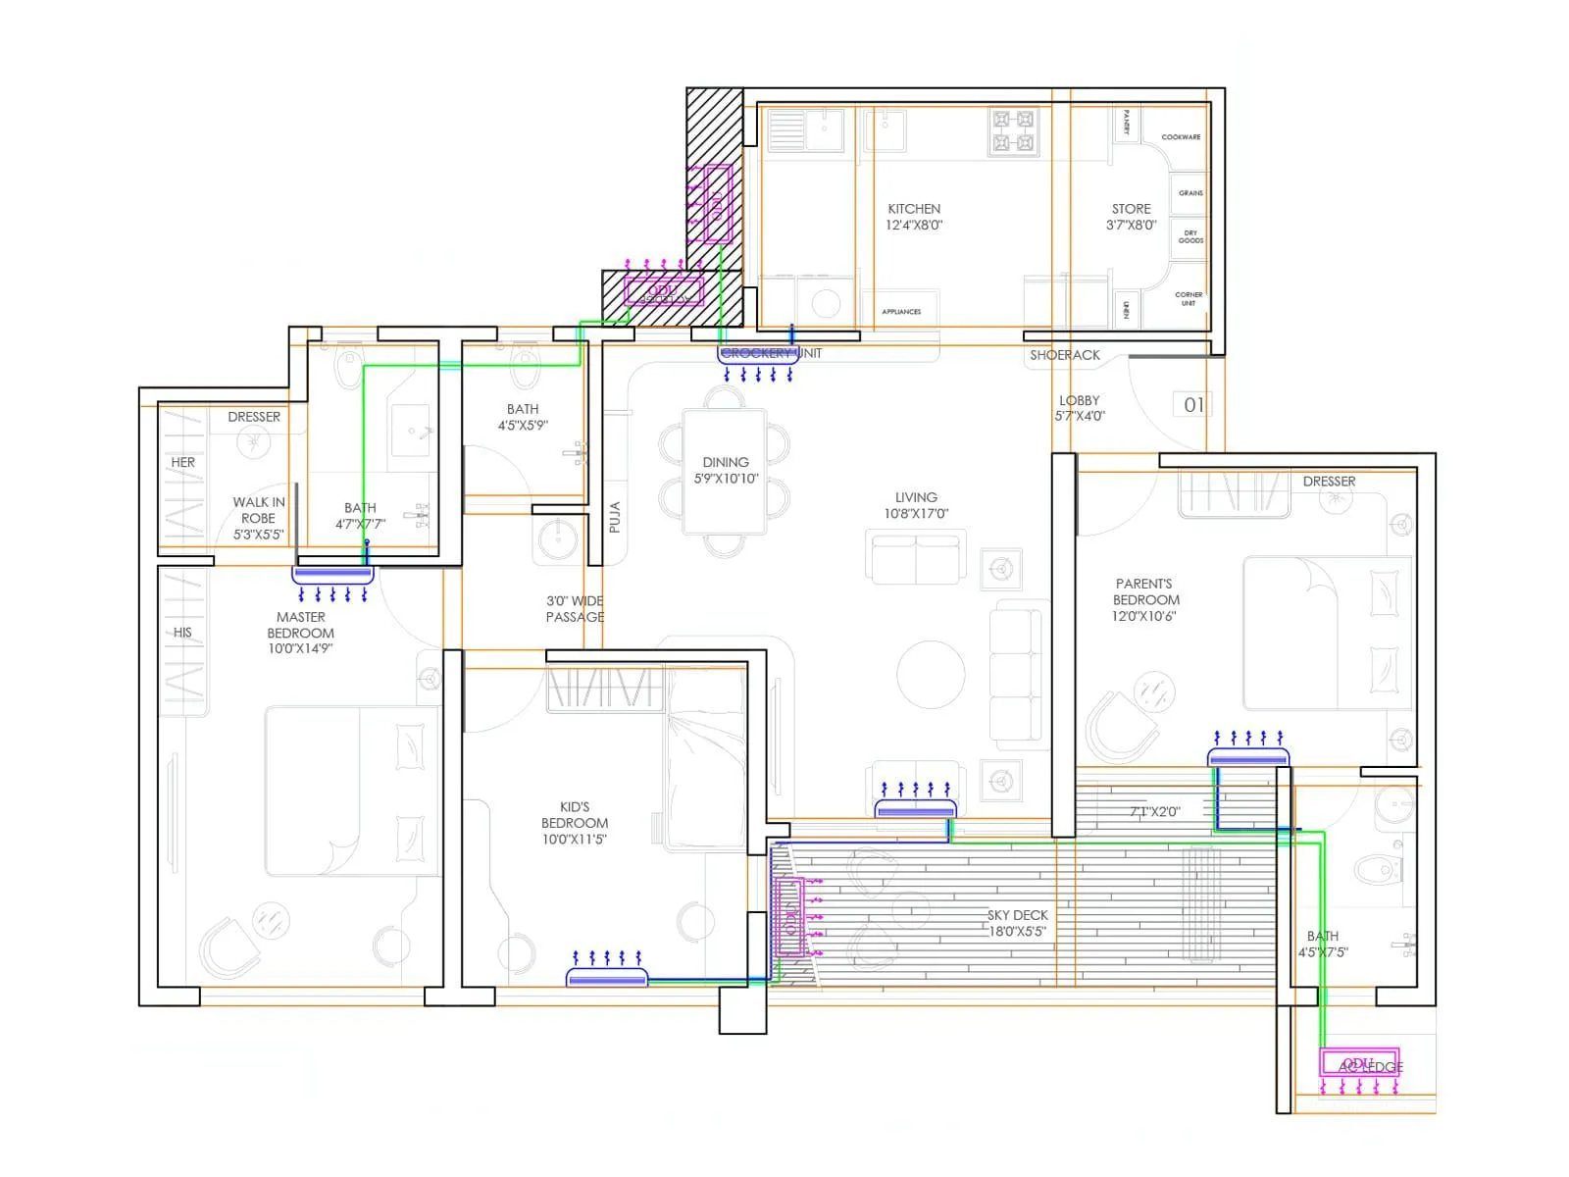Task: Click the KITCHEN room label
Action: (x=914, y=217)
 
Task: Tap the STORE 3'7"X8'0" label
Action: (x=1131, y=217)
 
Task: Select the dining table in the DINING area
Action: (x=726, y=472)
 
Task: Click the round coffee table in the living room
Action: (x=931, y=674)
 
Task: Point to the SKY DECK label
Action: (x=1017, y=922)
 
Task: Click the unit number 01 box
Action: (x=1192, y=405)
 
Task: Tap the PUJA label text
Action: (x=615, y=517)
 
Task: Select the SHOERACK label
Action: (x=1064, y=355)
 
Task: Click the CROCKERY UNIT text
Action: (x=771, y=353)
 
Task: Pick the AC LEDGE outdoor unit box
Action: (x=1358, y=1063)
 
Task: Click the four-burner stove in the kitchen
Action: (x=1013, y=132)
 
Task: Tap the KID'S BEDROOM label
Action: (x=575, y=822)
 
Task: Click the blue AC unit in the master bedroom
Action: (x=333, y=573)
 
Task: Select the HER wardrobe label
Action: (x=183, y=462)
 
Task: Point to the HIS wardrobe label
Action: (x=182, y=633)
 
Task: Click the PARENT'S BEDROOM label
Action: (x=1144, y=599)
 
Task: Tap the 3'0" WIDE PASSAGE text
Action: (x=575, y=609)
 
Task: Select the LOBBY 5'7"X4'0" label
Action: (x=1080, y=408)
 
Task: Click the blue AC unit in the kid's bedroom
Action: (x=607, y=977)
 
